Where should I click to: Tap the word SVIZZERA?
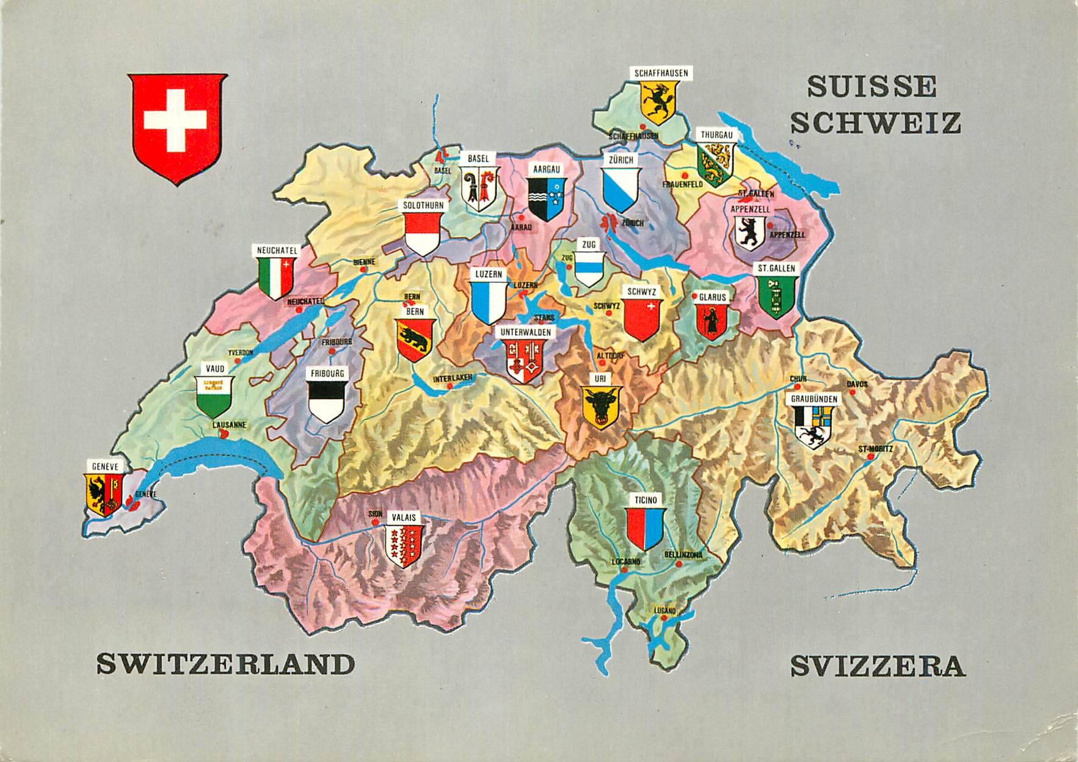(877, 666)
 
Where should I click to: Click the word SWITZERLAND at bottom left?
(225, 664)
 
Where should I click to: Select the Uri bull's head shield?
(601, 407)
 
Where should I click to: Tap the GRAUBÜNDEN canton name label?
(814, 399)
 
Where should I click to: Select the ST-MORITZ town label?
(875, 449)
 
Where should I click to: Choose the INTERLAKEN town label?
(453, 379)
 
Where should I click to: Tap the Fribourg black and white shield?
(327, 401)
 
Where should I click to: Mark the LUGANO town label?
(665, 611)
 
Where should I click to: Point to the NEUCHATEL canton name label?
(277, 250)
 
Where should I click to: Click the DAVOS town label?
(856, 384)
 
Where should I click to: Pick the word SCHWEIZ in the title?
(875, 123)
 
